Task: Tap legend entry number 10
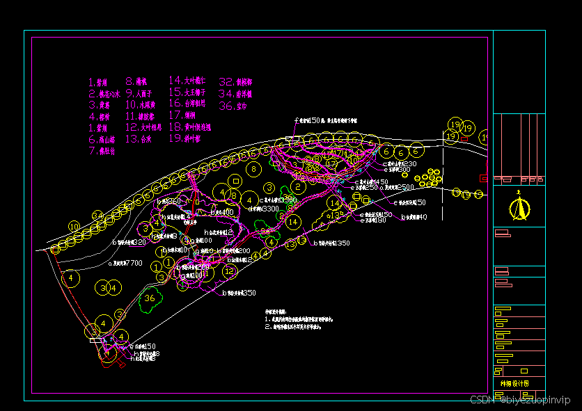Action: pyautogui.click(x=141, y=105)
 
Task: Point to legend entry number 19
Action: pyautogui.click(x=184, y=138)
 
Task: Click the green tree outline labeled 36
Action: pyautogui.click(x=150, y=300)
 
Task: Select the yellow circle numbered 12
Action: pyautogui.click(x=229, y=271)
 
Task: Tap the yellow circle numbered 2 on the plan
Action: pyautogui.click(x=298, y=186)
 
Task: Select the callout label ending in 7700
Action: pyautogui.click(x=125, y=264)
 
